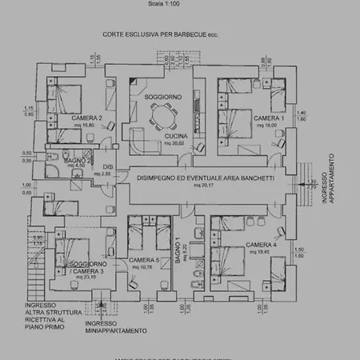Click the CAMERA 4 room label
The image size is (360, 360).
pyautogui.click(x=262, y=244)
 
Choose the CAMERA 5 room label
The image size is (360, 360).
pyautogui.click(x=145, y=260)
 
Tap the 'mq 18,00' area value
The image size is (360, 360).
pyautogui.click(x=266, y=125)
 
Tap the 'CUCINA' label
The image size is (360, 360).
pyautogui.click(x=176, y=137)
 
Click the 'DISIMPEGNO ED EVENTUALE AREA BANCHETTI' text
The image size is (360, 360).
pyautogui.click(x=201, y=177)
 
